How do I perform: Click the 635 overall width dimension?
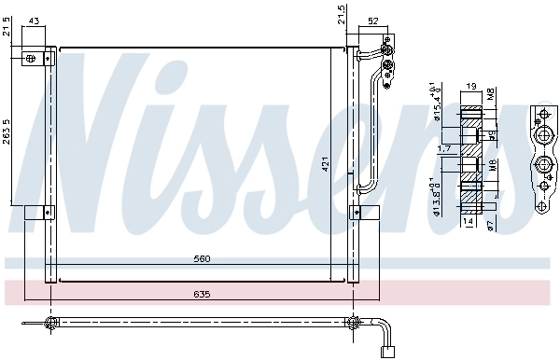[203, 295]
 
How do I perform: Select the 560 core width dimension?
[203, 259]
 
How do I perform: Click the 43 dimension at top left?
[35, 21]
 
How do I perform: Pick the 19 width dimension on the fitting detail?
[470, 87]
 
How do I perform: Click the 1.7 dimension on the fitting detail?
[446, 147]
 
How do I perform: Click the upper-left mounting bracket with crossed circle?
[33, 59]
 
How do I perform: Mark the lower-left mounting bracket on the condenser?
[34, 213]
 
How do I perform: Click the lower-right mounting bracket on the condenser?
[359, 213]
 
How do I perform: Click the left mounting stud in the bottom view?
[49, 324]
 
